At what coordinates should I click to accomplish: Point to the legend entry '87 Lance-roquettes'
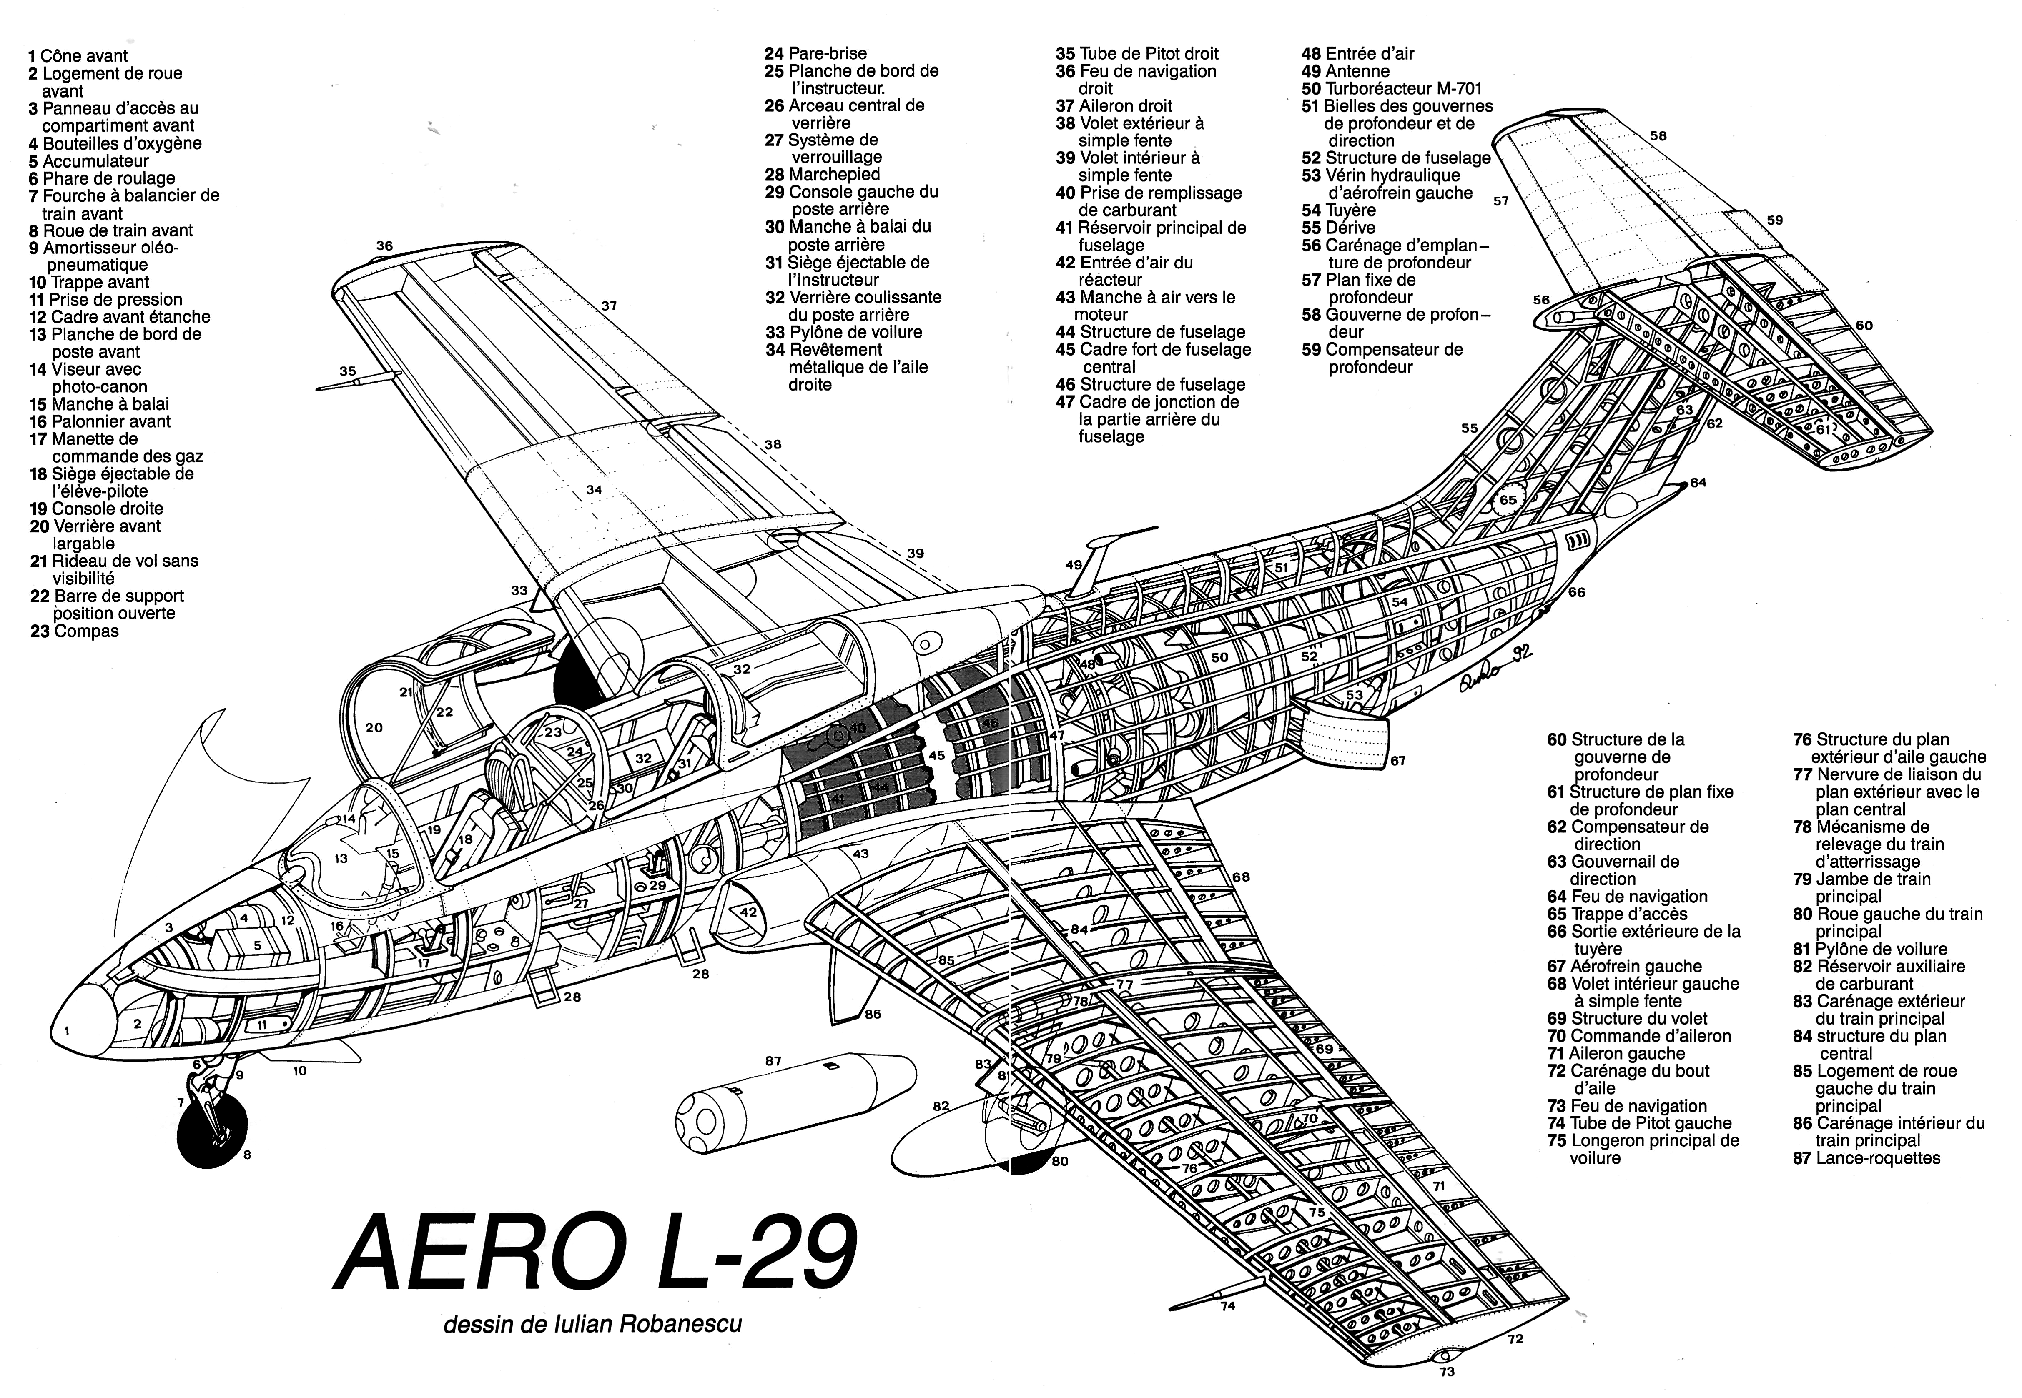pos(1866,1158)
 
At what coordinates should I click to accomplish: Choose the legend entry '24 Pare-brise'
pos(815,53)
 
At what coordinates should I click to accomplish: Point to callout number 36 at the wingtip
pos(385,246)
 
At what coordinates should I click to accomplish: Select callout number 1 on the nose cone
pos(68,1031)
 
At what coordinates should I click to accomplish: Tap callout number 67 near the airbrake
pos(1398,760)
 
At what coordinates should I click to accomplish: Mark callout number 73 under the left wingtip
pos(1447,1372)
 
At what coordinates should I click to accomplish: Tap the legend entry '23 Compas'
pos(75,631)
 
